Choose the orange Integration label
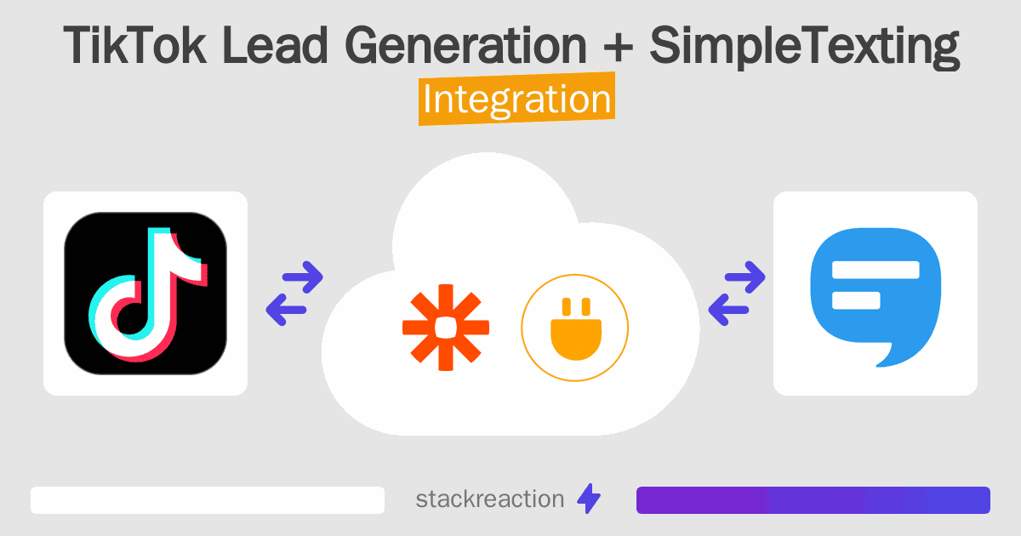click(516, 100)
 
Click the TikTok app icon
click(145, 294)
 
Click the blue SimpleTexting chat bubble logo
click(876, 294)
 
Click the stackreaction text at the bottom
click(489, 499)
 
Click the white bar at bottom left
click(208, 500)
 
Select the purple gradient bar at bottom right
click(813, 500)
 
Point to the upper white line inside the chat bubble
click(875, 271)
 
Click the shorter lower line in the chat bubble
click(855, 299)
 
